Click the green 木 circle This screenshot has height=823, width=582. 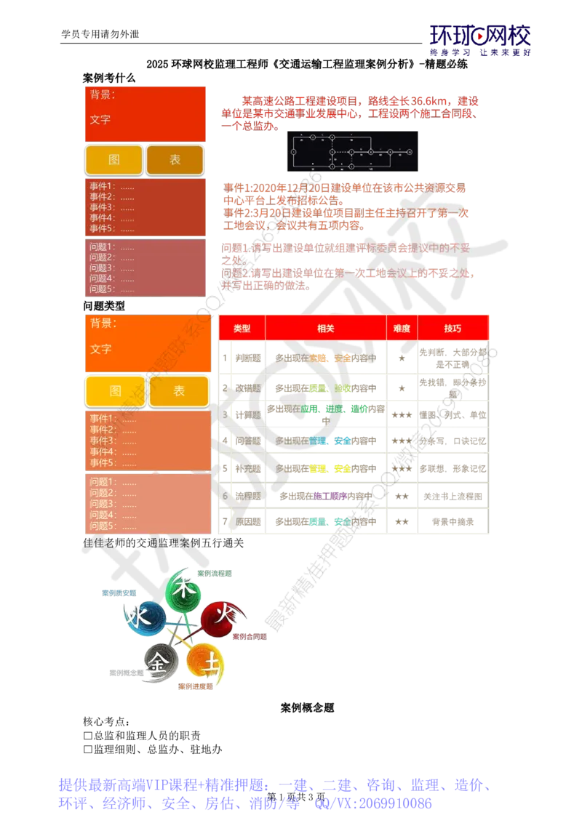182,590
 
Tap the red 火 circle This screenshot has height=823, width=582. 217,618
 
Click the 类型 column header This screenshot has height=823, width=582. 242,328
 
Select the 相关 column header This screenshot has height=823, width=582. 326,328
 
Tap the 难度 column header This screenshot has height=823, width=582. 402,328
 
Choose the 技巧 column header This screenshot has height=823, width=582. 453,328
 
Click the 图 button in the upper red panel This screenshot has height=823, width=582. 114,160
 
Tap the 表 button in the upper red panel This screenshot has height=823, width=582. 175,160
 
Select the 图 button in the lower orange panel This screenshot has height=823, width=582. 116,391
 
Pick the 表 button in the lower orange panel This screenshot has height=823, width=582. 179,391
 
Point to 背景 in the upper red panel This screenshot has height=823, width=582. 103,95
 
